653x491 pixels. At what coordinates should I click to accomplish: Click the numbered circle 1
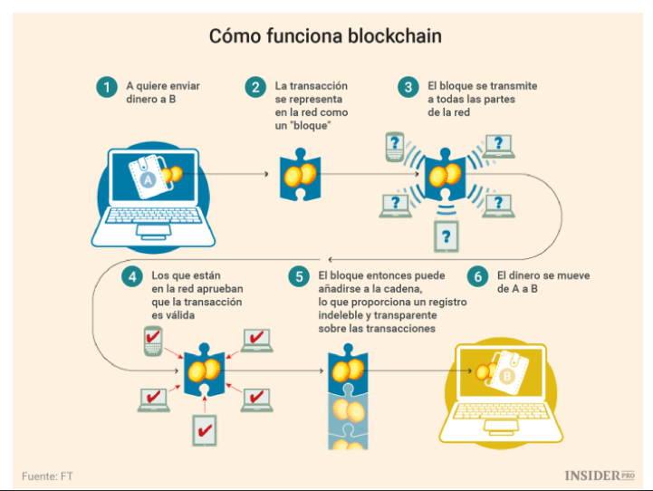click(108, 88)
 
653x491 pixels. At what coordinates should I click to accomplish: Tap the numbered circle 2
click(256, 88)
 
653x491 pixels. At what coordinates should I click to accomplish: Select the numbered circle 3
click(409, 88)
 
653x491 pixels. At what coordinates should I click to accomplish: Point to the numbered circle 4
click(132, 276)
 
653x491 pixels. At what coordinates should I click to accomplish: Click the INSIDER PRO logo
click(599, 475)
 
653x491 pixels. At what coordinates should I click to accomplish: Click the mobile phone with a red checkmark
click(152, 342)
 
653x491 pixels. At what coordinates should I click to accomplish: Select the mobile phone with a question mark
click(394, 146)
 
